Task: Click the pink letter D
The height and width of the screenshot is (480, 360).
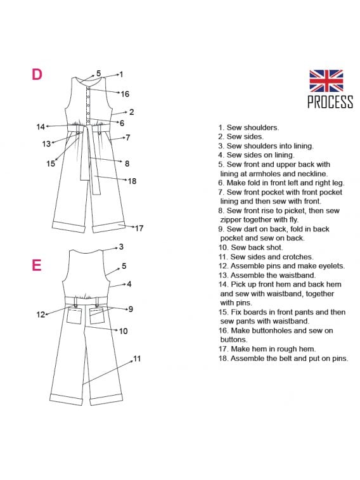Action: click(x=37, y=75)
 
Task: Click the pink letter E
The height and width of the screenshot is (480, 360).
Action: click(x=37, y=265)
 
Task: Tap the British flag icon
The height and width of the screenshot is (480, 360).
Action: click(x=326, y=81)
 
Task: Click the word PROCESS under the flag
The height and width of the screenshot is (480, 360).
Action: click(x=330, y=102)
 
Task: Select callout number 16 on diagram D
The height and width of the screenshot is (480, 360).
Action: click(x=125, y=94)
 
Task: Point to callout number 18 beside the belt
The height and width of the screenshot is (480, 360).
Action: click(x=132, y=181)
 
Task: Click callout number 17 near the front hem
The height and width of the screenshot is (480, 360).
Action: click(x=139, y=228)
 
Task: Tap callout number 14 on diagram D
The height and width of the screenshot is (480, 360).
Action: click(x=41, y=127)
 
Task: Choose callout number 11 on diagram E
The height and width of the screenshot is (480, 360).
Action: click(x=137, y=359)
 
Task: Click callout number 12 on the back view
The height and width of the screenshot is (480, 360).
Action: click(x=41, y=315)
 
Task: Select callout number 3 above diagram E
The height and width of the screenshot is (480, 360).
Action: click(x=121, y=247)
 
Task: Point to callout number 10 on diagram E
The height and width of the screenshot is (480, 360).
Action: click(x=123, y=331)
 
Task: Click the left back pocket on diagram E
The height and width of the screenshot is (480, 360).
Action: click(x=74, y=316)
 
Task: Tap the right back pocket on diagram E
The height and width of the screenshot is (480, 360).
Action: click(x=97, y=316)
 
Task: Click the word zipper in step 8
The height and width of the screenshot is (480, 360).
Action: click(x=231, y=220)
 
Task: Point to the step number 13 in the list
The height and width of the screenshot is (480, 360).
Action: click(x=223, y=275)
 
